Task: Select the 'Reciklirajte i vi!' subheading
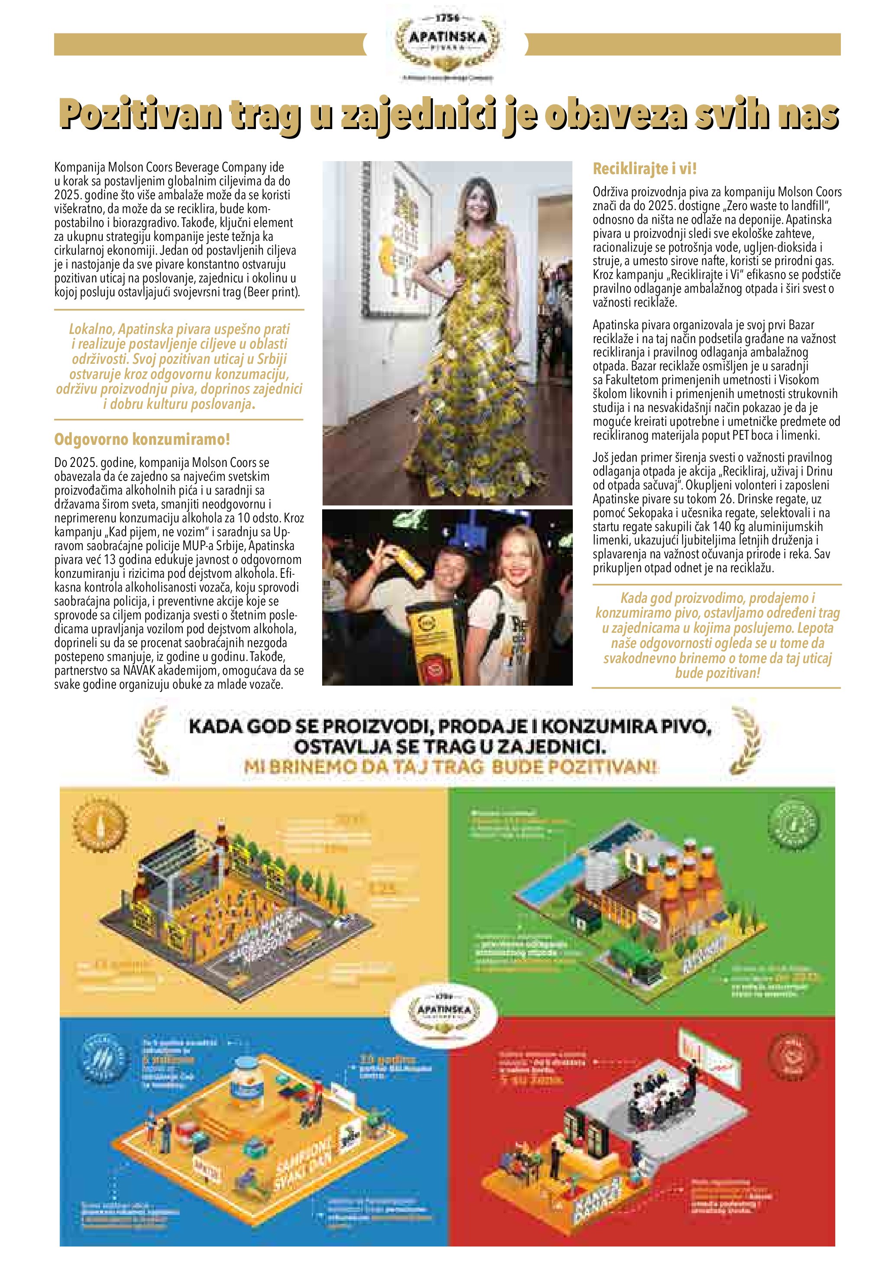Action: (645, 169)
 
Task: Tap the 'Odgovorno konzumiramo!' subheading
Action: (142, 440)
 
